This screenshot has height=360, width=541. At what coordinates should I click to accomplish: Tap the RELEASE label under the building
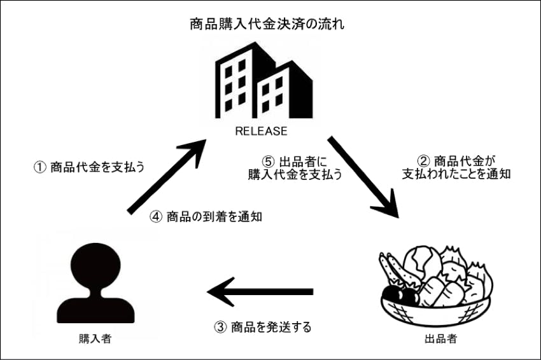pyautogui.click(x=262, y=132)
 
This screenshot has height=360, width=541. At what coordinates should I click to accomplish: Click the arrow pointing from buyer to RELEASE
pyautogui.click(x=167, y=177)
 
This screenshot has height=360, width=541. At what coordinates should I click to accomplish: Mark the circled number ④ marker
pyautogui.click(x=156, y=216)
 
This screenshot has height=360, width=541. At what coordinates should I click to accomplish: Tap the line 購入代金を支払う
pyautogui.click(x=295, y=176)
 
